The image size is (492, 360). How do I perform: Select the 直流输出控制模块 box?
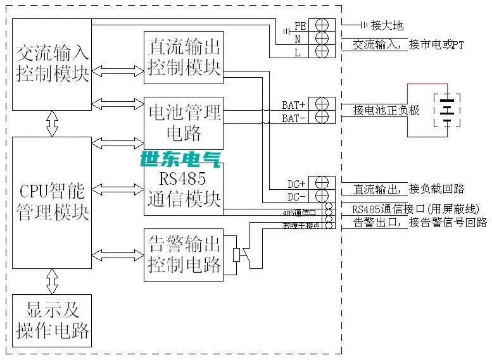[184, 57]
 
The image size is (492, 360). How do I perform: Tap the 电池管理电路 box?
[184, 122]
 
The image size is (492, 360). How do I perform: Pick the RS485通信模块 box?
[184, 189]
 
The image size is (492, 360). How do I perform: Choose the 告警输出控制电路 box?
[184, 254]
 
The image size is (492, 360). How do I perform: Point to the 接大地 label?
[387, 26]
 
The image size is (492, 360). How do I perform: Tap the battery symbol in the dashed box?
[447, 111]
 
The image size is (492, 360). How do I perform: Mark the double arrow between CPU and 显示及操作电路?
[52, 279]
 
